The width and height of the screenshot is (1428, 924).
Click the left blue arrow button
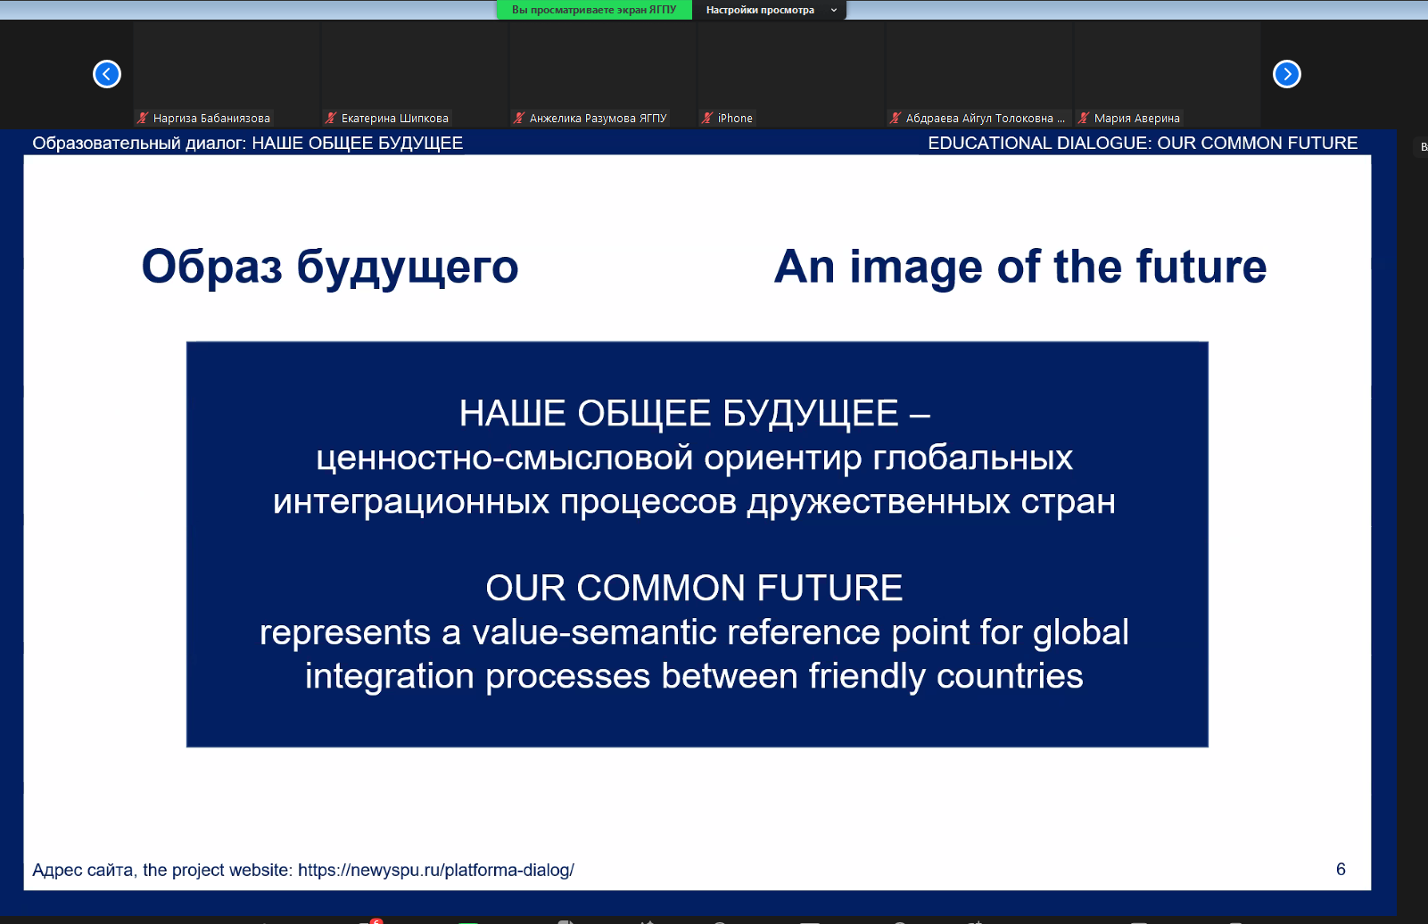click(x=107, y=74)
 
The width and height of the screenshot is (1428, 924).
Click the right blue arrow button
click(x=1286, y=74)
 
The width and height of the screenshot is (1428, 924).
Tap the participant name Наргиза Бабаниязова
click(x=211, y=118)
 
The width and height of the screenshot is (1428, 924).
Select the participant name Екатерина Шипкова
click(x=394, y=118)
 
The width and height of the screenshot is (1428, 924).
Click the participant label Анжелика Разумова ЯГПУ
click(x=598, y=118)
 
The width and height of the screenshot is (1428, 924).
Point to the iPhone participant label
click(x=735, y=118)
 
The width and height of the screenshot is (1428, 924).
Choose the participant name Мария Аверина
click(x=1136, y=118)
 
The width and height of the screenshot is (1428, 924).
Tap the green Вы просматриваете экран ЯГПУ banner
click(x=594, y=10)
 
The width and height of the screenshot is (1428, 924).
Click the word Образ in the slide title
click(x=211, y=267)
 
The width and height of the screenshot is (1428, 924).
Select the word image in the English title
click(x=915, y=267)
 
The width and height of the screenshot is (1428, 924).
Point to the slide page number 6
click(x=1341, y=870)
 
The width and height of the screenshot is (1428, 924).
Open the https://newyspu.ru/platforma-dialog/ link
click(x=436, y=870)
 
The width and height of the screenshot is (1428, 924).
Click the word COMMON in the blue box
click(x=660, y=587)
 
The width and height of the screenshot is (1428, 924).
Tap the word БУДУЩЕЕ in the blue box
click(x=810, y=413)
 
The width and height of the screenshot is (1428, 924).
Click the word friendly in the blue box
click(x=867, y=676)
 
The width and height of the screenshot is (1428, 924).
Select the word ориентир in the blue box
click(x=782, y=458)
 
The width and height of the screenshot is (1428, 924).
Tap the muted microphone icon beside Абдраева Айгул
click(x=895, y=118)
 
